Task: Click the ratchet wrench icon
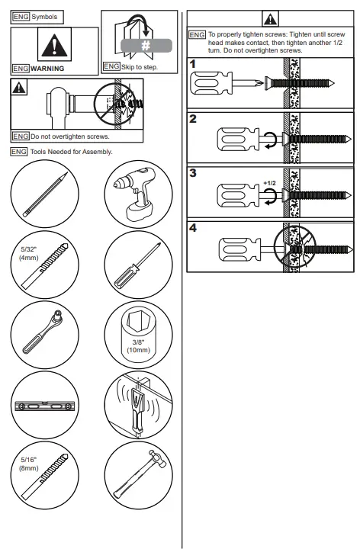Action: (x=46, y=335)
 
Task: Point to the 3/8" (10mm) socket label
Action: (x=137, y=345)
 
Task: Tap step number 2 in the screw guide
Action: (x=194, y=120)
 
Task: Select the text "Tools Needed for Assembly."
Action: (x=72, y=152)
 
